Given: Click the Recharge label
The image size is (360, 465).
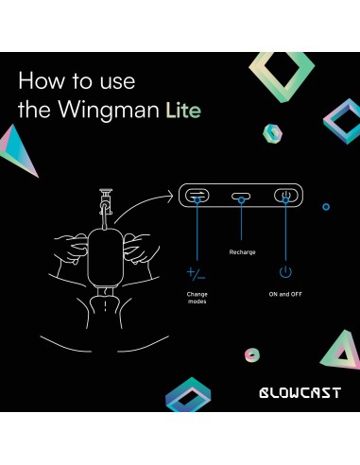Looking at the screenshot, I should pyautogui.click(x=242, y=252).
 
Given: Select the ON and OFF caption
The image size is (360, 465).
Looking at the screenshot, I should pyautogui.click(x=284, y=292).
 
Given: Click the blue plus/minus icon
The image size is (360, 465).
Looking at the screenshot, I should pyautogui.click(x=196, y=273).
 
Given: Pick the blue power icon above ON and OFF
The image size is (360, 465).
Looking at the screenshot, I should pyautogui.click(x=284, y=272).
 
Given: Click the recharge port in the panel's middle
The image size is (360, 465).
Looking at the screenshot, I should pyautogui.click(x=242, y=198).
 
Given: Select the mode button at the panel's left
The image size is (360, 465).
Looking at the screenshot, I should pyautogui.click(x=197, y=197).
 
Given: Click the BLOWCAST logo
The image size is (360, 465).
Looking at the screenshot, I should pyautogui.click(x=300, y=391).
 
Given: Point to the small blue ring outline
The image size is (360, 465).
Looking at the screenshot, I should pyautogui.click(x=326, y=206).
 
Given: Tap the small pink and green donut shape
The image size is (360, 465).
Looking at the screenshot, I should pyautogui.click(x=249, y=356).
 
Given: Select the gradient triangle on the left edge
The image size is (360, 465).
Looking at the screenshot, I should pyautogui.click(x=22, y=154).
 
